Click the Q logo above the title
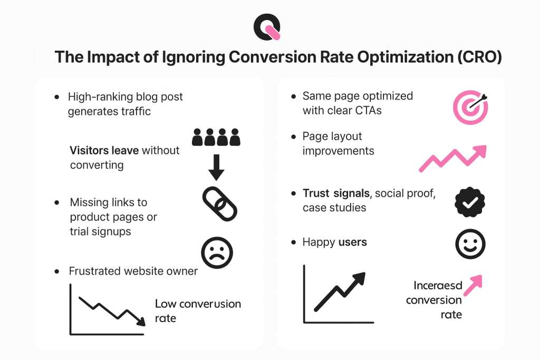coord(267,27)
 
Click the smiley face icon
coord(470,244)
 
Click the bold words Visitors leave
coord(104,151)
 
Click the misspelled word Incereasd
coord(438,286)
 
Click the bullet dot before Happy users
coord(293,243)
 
